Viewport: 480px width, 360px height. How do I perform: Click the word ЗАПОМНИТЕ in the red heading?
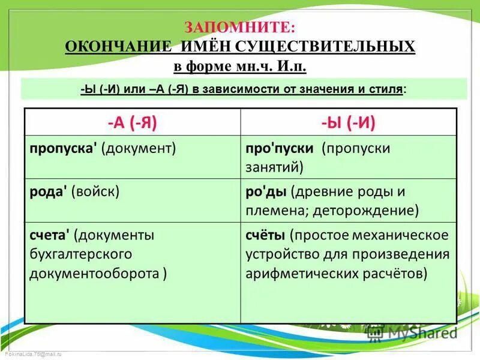click(239, 27)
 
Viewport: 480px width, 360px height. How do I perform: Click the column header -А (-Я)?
click(133, 122)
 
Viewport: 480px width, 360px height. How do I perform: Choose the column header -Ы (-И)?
click(348, 122)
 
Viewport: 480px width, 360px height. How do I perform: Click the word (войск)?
click(95, 191)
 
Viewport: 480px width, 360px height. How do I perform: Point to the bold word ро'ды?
click(266, 192)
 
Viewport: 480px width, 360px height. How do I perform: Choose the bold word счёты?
click(265, 235)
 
